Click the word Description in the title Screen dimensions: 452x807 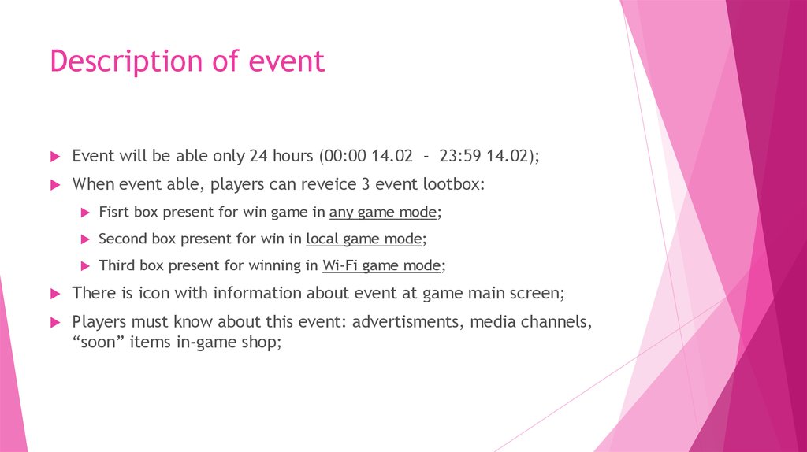coord(119,61)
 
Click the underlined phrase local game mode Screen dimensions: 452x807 coord(364,239)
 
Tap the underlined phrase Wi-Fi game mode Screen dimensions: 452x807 coord(381,265)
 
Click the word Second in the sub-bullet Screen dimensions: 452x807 coord(123,239)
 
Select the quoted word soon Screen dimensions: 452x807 coord(95,343)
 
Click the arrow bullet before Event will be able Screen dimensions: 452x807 coord(55,157)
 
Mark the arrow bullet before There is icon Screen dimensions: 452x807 coord(55,294)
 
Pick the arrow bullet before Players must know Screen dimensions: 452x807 coord(55,322)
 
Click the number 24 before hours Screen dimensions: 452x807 coord(258,156)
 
